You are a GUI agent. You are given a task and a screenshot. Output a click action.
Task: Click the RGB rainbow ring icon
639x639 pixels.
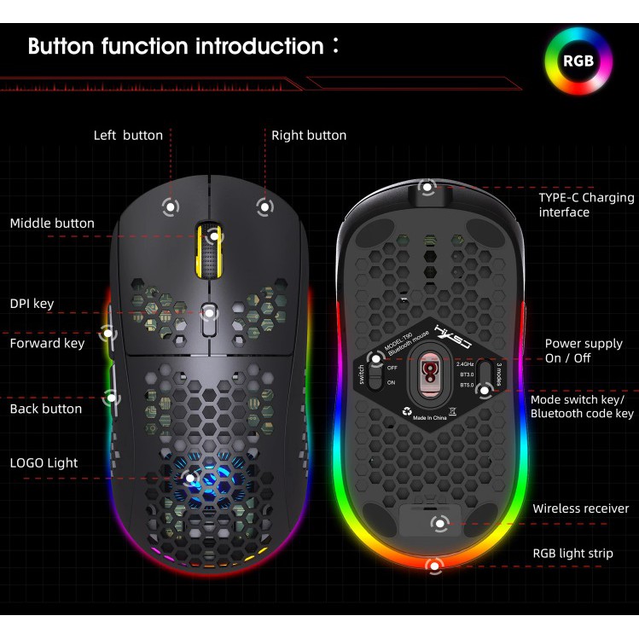[578, 61]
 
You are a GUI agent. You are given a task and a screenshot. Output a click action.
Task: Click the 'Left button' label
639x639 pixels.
[128, 135]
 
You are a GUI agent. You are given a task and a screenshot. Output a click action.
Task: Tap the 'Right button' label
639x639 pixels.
[309, 135]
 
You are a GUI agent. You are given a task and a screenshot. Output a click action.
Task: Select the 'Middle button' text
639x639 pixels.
[52, 224]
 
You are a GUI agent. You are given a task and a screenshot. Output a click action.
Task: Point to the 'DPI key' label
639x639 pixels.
[32, 303]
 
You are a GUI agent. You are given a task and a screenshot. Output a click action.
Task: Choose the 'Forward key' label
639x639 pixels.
[47, 343]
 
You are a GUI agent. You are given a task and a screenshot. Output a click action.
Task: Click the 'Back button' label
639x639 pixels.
[46, 409]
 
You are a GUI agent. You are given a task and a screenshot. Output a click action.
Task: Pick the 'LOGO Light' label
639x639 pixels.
[44, 462]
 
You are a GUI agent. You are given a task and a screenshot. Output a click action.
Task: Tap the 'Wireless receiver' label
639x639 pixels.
[580, 508]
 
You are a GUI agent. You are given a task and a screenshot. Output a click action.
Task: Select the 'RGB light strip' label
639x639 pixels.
[572, 553]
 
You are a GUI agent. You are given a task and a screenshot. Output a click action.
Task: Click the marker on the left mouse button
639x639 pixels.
[170, 206]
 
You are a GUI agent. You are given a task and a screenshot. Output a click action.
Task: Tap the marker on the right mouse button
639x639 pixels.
[264, 206]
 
